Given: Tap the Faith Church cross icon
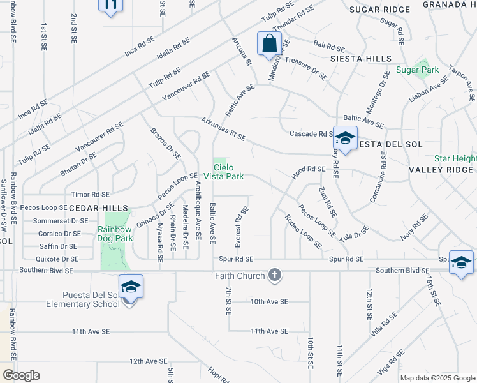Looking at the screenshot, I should (x=275, y=276).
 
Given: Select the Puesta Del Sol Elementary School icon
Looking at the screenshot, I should (x=131, y=287).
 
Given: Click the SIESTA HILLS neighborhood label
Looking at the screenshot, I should (x=361, y=59).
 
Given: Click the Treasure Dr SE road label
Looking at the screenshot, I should (x=306, y=67).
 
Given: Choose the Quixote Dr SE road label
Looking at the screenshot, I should (x=58, y=259).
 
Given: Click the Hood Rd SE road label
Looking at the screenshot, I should (x=309, y=169).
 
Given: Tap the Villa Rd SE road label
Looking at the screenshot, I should (x=381, y=326).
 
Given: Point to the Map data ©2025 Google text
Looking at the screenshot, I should (x=437, y=378).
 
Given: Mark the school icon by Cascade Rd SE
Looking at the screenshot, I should (x=345, y=138).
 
